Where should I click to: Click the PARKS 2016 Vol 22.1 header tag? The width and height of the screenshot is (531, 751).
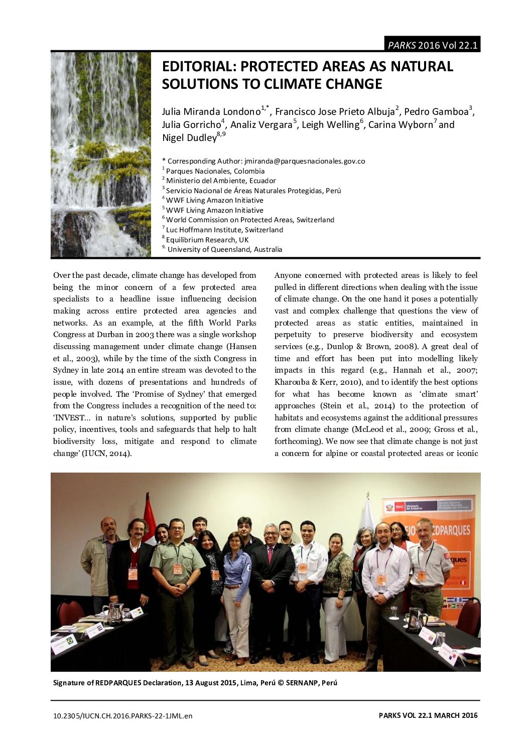(x=432, y=45)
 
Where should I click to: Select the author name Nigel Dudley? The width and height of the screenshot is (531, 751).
(x=189, y=138)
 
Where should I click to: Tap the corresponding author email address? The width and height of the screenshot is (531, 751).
(x=305, y=161)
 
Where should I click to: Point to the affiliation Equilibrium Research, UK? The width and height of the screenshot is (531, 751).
(x=207, y=240)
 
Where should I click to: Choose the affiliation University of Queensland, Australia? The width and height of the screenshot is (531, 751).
(x=225, y=249)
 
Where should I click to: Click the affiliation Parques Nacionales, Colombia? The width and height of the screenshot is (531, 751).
(x=215, y=171)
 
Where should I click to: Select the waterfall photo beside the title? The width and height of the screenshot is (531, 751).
(x=101, y=155)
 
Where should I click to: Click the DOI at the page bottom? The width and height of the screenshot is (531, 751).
(x=122, y=716)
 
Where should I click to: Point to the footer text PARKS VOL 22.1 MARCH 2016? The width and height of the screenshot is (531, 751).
(x=428, y=715)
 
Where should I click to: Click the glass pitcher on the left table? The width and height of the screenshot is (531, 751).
(x=115, y=612)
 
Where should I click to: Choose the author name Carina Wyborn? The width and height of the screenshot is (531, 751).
(x=401, y=125)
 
